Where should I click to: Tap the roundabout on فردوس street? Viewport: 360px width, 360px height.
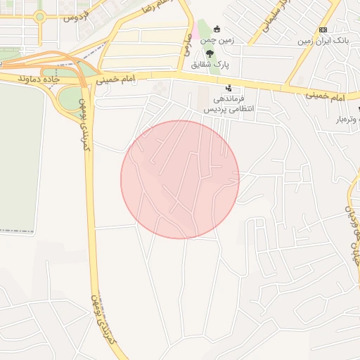[x=39, y=16]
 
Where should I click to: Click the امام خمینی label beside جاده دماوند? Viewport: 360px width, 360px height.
[x=115, y=81]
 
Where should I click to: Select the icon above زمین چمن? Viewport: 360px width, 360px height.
[x=216, y=29]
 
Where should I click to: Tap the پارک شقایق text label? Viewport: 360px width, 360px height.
[x=219, y=65]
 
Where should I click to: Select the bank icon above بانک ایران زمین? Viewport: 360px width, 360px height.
[x=323, y=30]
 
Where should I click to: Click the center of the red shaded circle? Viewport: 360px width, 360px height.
[x=180, y=179]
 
